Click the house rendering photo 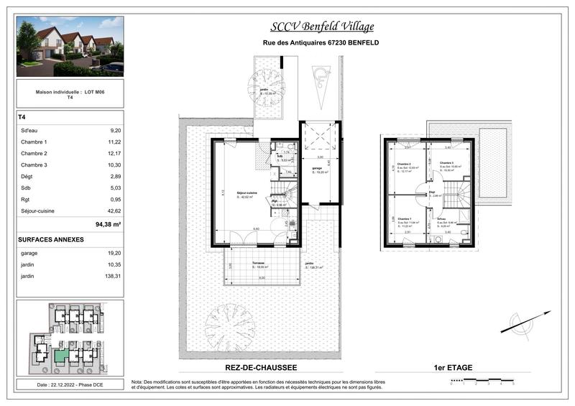coord(70,47)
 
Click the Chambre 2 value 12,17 coord(115,153)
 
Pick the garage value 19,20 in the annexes coord(115,253)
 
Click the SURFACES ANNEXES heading coord(51,239)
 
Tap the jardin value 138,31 coord(114,276)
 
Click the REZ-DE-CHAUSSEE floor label coord(226,367)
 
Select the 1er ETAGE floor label coord(453,367)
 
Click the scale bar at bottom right coord(482,378)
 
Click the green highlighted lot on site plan coord(63,354)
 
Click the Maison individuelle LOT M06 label coord(70,93)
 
